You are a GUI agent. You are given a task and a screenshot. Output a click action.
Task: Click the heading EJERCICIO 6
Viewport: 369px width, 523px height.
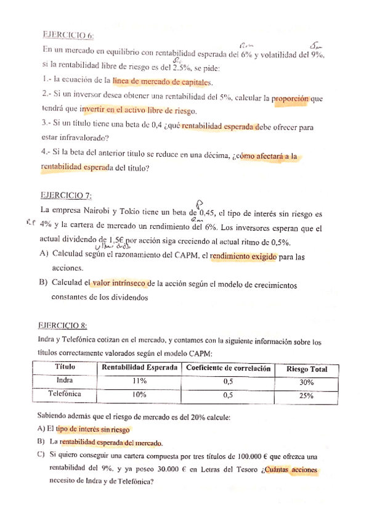pyautogui.click(x=68, y=35)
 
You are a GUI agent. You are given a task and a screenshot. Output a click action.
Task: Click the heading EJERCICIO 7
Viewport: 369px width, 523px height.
pyautogui.click(x=66, y=196)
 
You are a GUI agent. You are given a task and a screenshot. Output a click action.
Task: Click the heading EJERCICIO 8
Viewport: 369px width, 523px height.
pyautogui.click(x=63, y=325)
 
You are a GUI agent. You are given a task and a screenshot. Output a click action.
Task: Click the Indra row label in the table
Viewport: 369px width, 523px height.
pyautogui.click(x=65, y=381)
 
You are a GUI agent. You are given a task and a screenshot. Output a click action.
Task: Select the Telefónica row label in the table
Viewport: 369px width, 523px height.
pyautogui.click(x=65, y=393)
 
